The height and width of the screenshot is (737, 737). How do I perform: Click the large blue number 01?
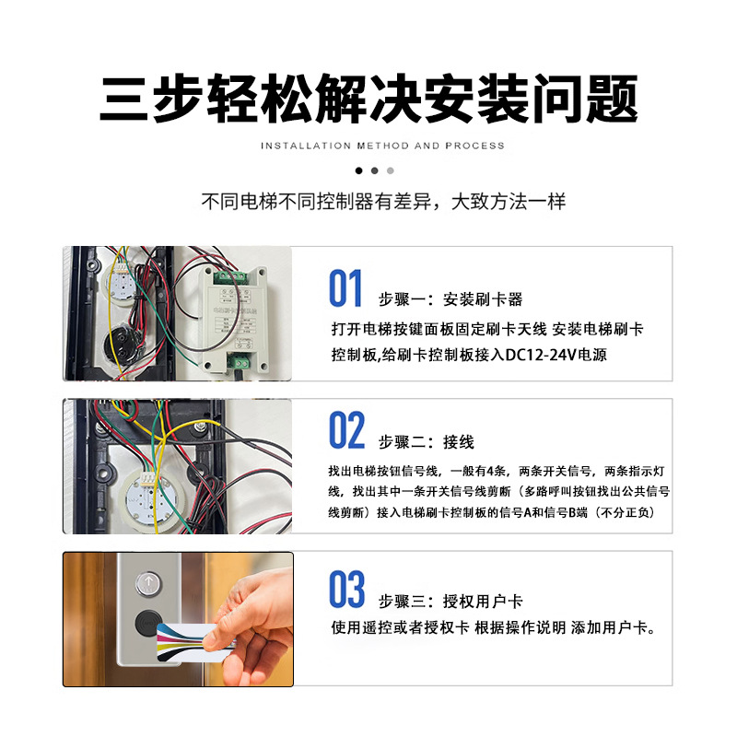(x=346, y=289)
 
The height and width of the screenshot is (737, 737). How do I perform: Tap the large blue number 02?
(x=346, y=431)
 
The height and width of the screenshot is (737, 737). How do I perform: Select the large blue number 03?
(x=346, y=590)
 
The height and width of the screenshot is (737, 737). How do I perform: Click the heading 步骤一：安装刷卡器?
(x=450, y=299)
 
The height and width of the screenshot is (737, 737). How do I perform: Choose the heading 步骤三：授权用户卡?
(x=450, y=601)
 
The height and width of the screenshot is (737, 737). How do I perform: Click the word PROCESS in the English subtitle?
(x=475, y=146)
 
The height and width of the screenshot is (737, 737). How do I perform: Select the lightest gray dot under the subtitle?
(x=390, y=170)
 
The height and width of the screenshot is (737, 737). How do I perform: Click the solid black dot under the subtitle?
(x=357, y=170)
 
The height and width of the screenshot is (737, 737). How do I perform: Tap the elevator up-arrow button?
(x=146, y=582)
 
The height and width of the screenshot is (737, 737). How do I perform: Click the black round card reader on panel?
(x=146, y=622)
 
